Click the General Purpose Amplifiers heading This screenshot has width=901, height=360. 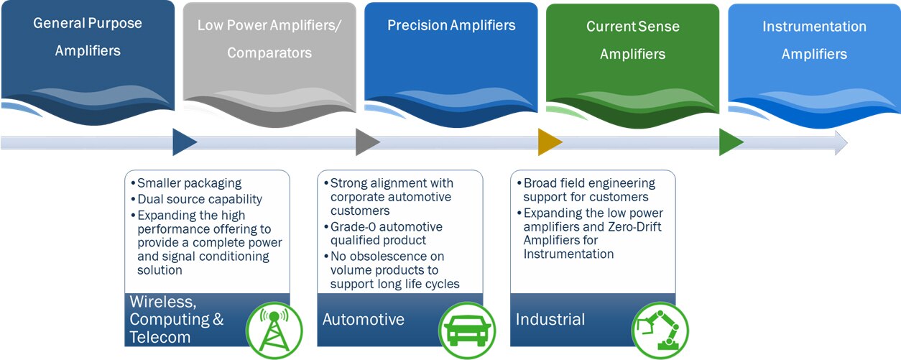(88, 37)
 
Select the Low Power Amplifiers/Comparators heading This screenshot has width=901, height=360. (269, 39)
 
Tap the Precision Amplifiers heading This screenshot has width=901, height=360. (451, 25)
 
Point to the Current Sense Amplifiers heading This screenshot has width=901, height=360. (632, 40)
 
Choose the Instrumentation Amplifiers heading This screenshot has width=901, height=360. (814, 40)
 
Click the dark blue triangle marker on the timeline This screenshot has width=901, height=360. (184, 142)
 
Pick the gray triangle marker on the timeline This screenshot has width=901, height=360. (366, 142)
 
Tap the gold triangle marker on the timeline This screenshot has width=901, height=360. (549, 142)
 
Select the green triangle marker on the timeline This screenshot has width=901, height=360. (731, 142)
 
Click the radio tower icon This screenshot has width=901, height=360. (274, 330)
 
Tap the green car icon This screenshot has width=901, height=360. (467, 330)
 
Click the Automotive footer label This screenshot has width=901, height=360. (364, 319)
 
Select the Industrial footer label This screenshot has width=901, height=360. (550, 319)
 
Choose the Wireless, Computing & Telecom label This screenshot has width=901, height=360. (177, 319)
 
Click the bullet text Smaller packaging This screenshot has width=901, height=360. (190, 183)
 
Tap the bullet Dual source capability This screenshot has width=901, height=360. (200, 199)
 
